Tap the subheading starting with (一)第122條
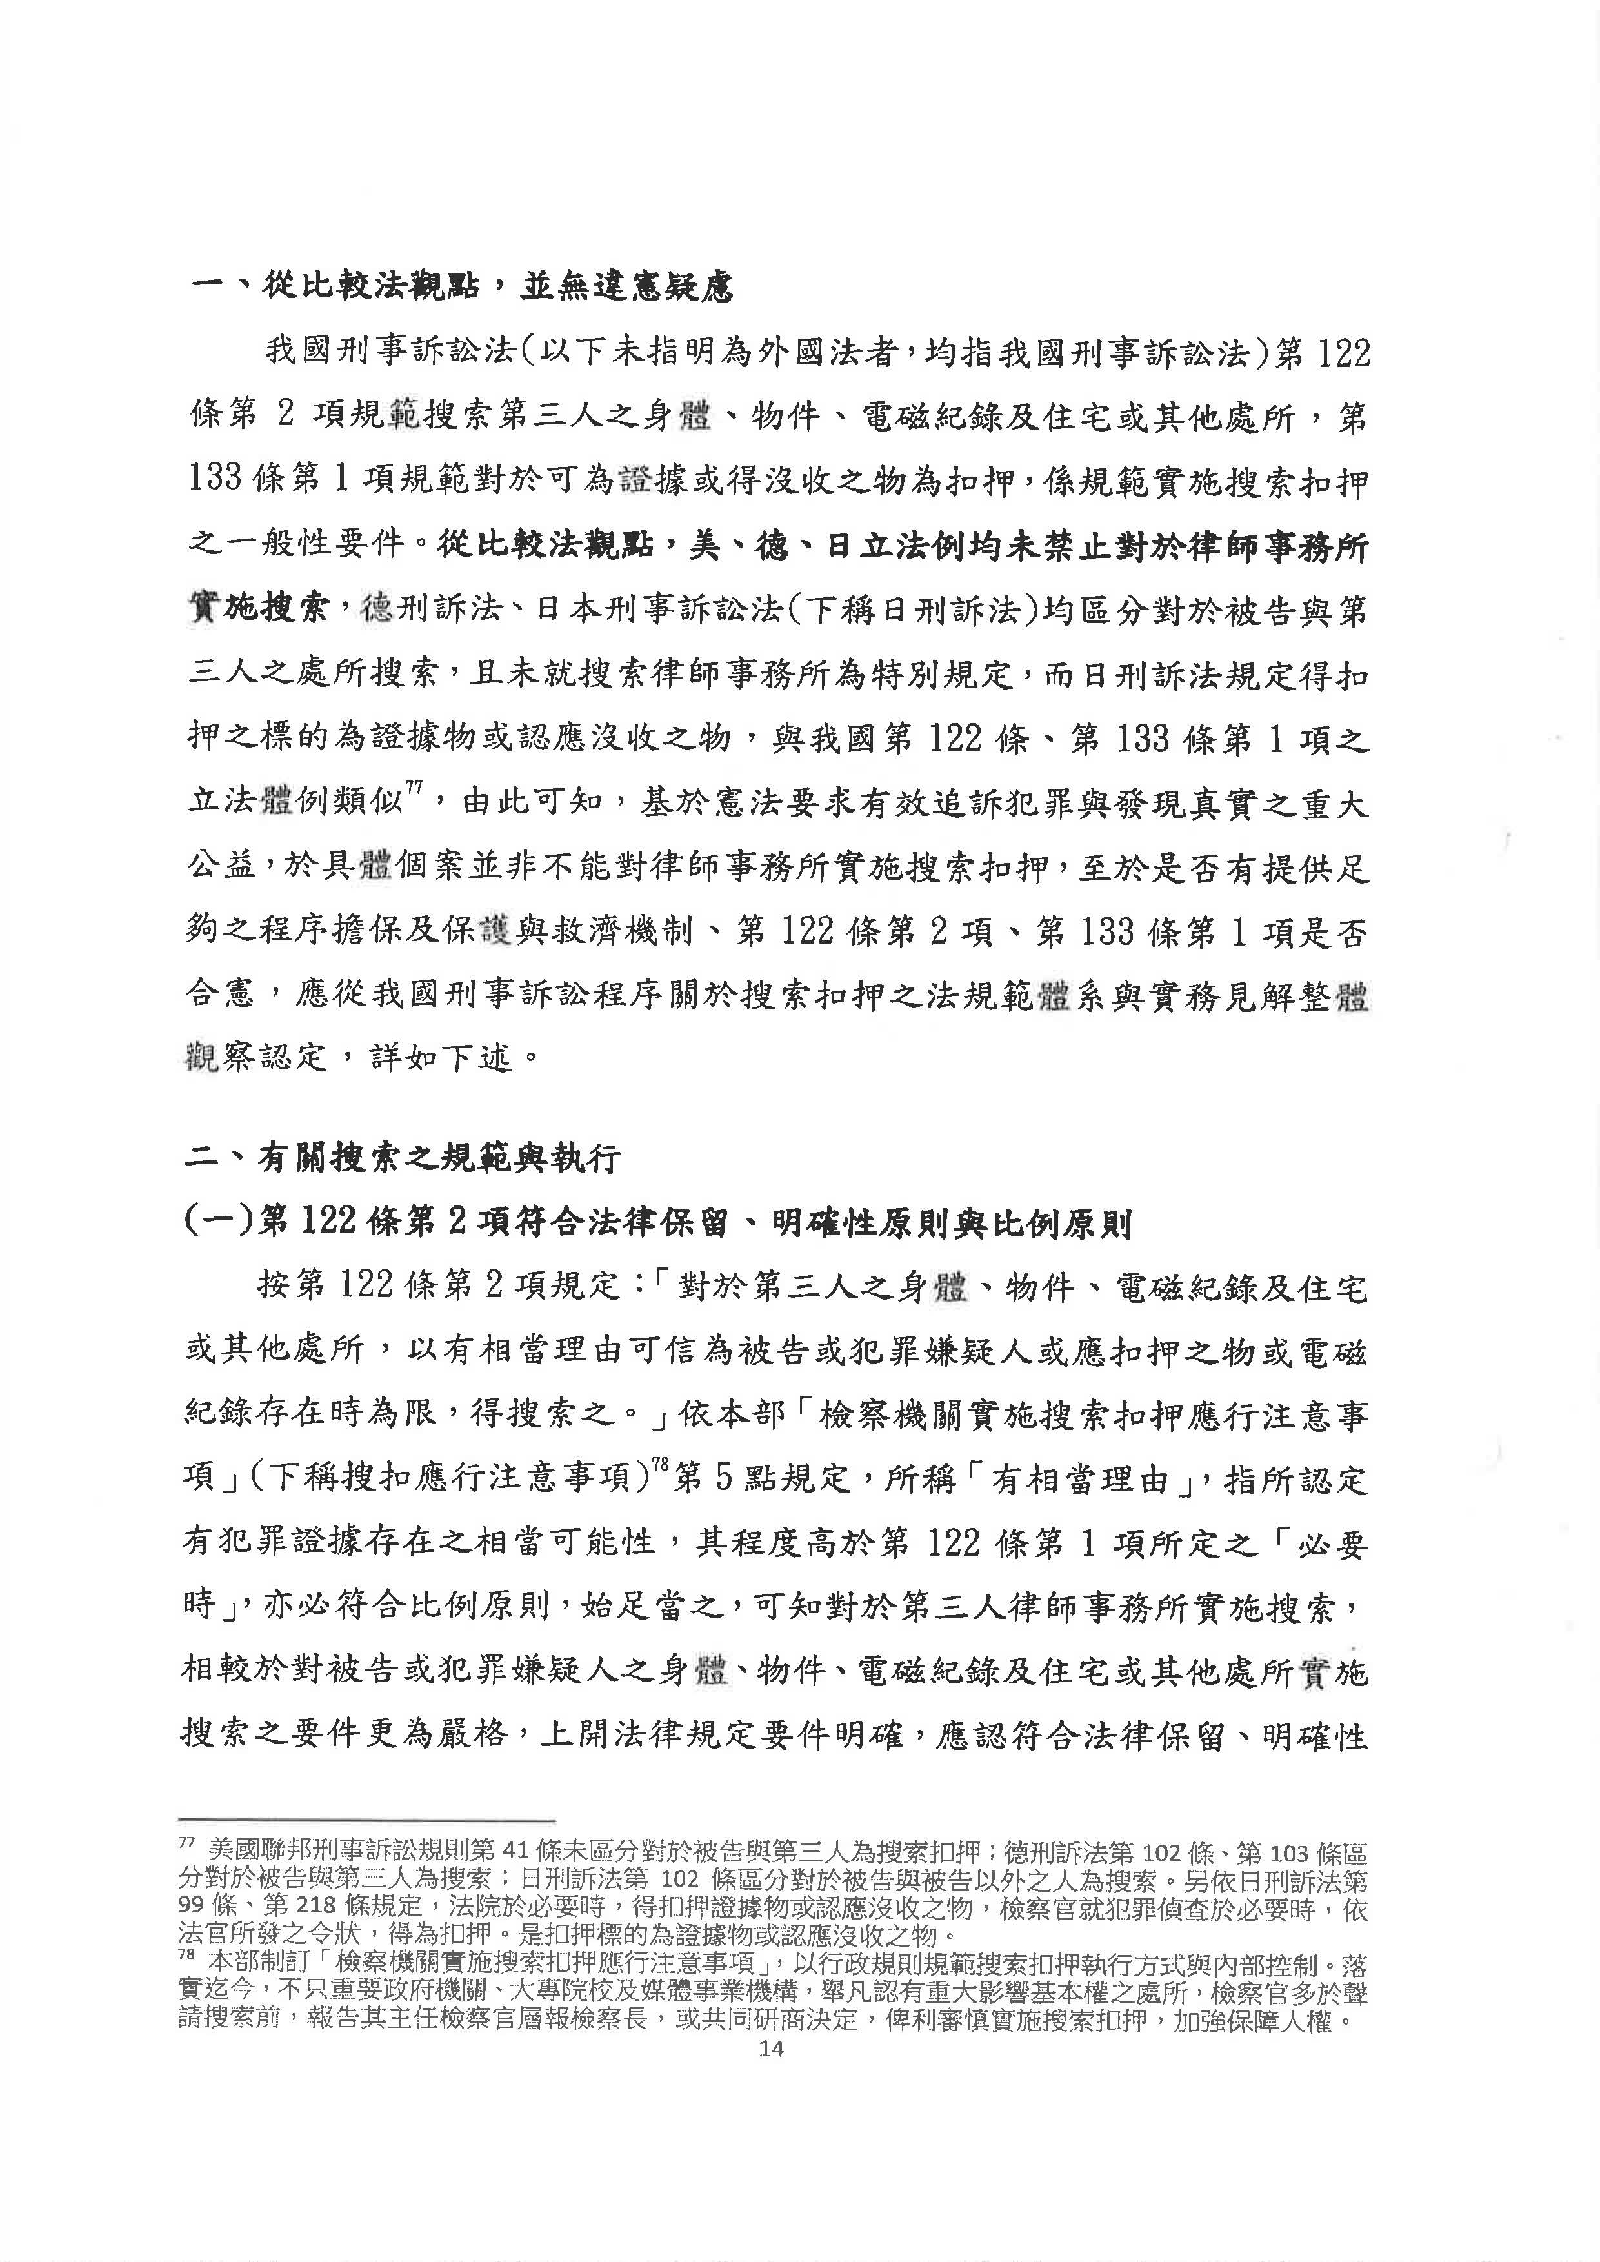[x=657, y=1223]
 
